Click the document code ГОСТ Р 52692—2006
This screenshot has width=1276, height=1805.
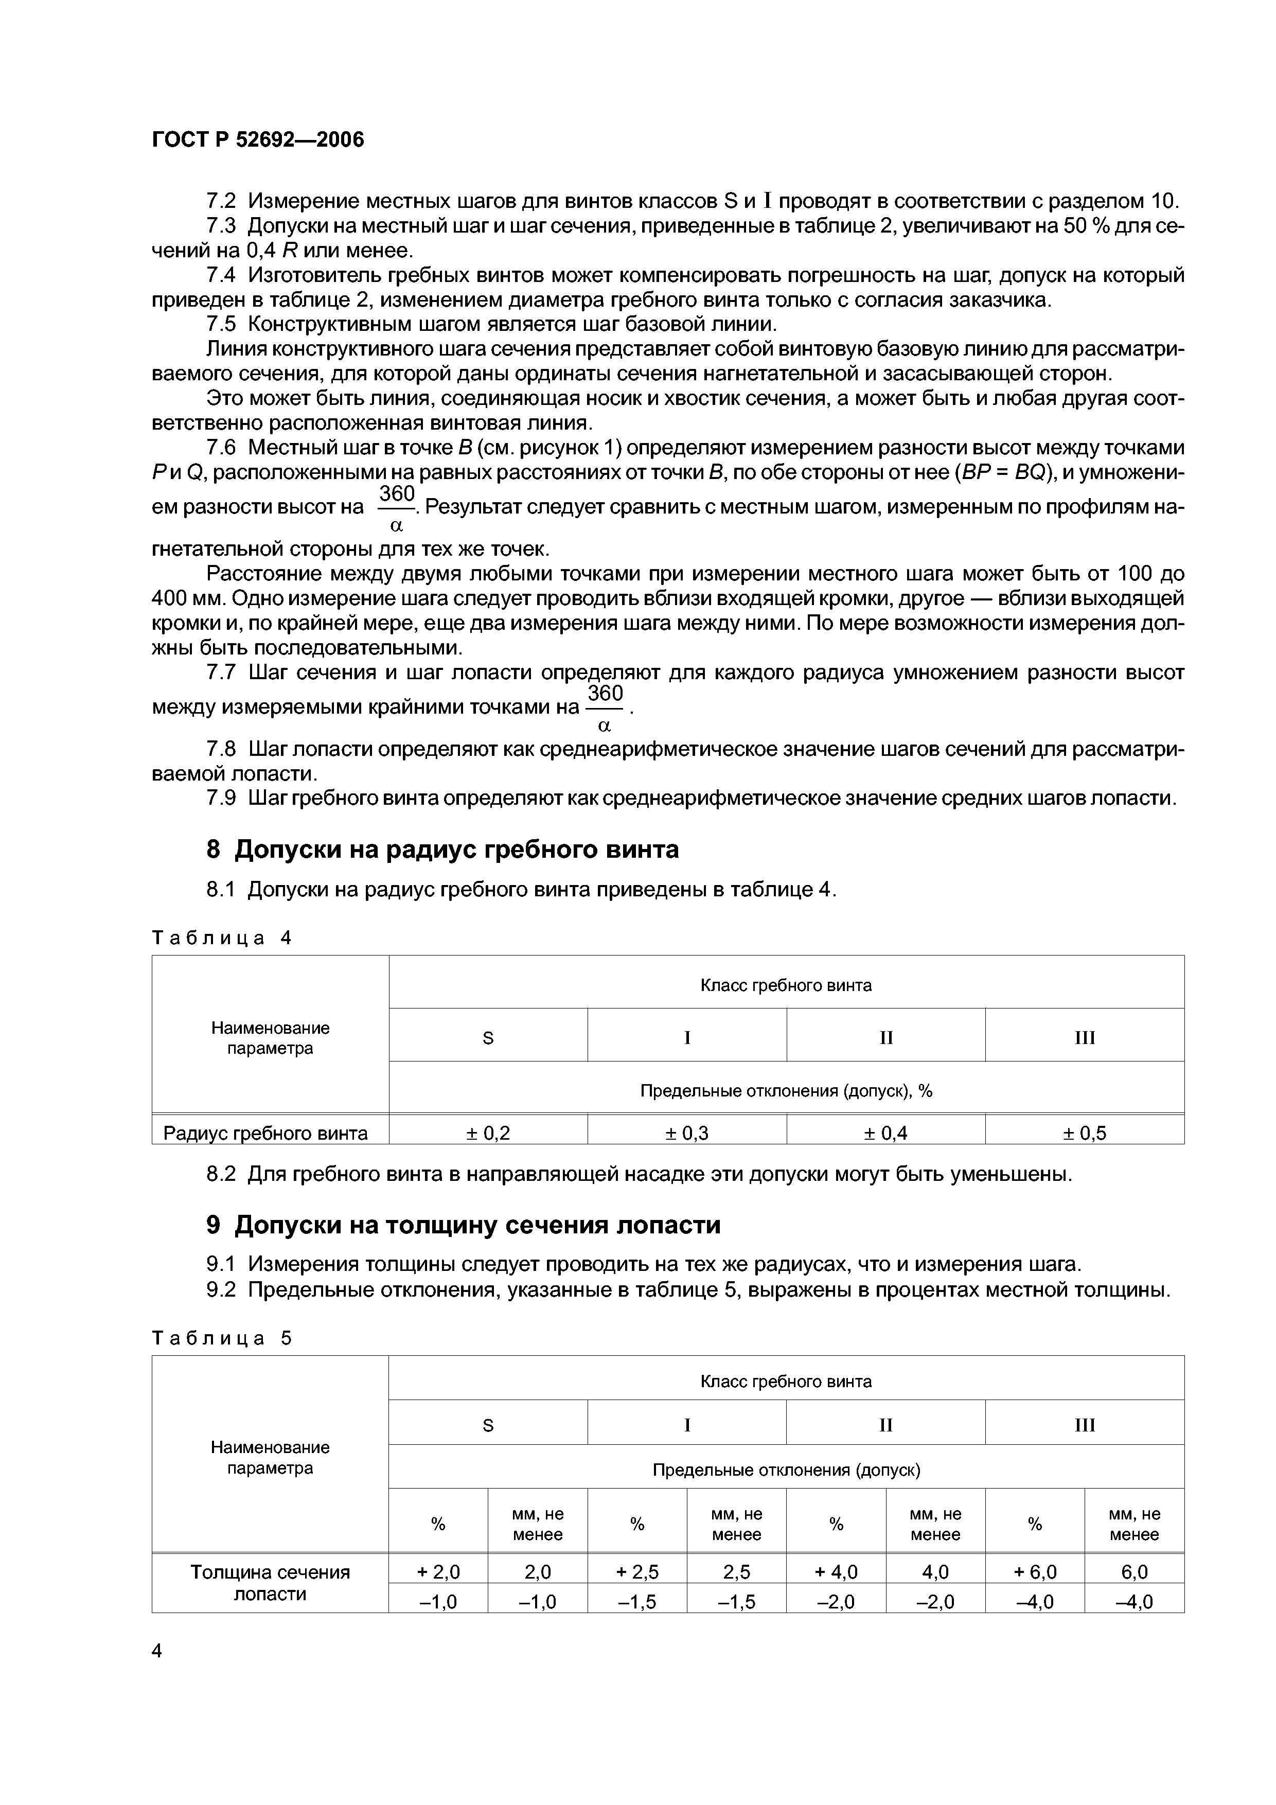click(258, 140)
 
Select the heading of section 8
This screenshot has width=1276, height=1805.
click(442, 850)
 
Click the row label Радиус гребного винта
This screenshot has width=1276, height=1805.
click(265, 1133)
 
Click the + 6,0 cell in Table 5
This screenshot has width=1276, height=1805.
click(1035, 1571)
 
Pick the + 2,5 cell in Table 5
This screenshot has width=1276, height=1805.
click(637, 1571)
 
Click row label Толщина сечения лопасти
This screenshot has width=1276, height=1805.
click(270, 1583)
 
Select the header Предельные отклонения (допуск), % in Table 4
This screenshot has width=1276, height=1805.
click(786, 1091)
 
